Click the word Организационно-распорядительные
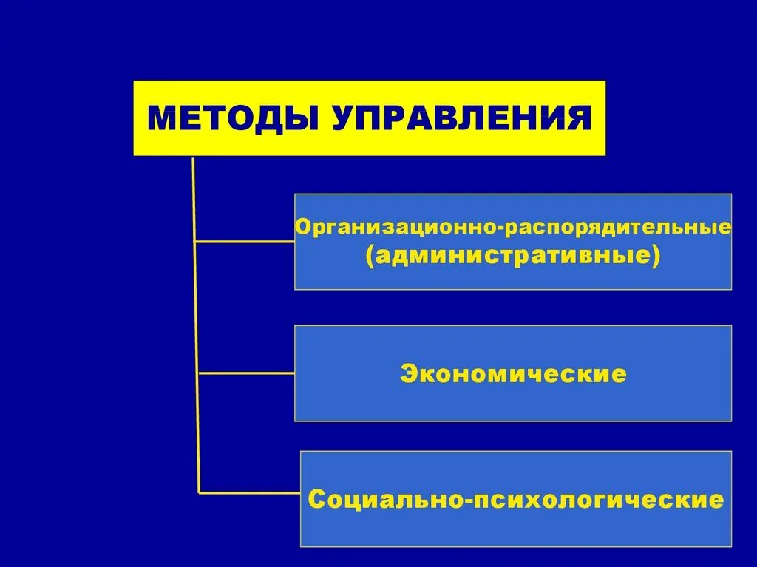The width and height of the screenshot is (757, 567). coord(513,226)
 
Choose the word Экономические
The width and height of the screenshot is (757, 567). coord(513,374)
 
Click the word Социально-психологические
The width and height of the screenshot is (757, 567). coord(516,499)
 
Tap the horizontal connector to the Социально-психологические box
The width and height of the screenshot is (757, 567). coord(250,492)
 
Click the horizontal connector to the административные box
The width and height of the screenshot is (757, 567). coord(244,241)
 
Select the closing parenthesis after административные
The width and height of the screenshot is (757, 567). coord(654,257)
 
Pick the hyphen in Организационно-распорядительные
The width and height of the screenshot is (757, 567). coord(503,227)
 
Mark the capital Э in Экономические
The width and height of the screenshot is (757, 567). coord(407,374)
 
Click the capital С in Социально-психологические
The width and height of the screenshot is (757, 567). coord(316,499)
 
